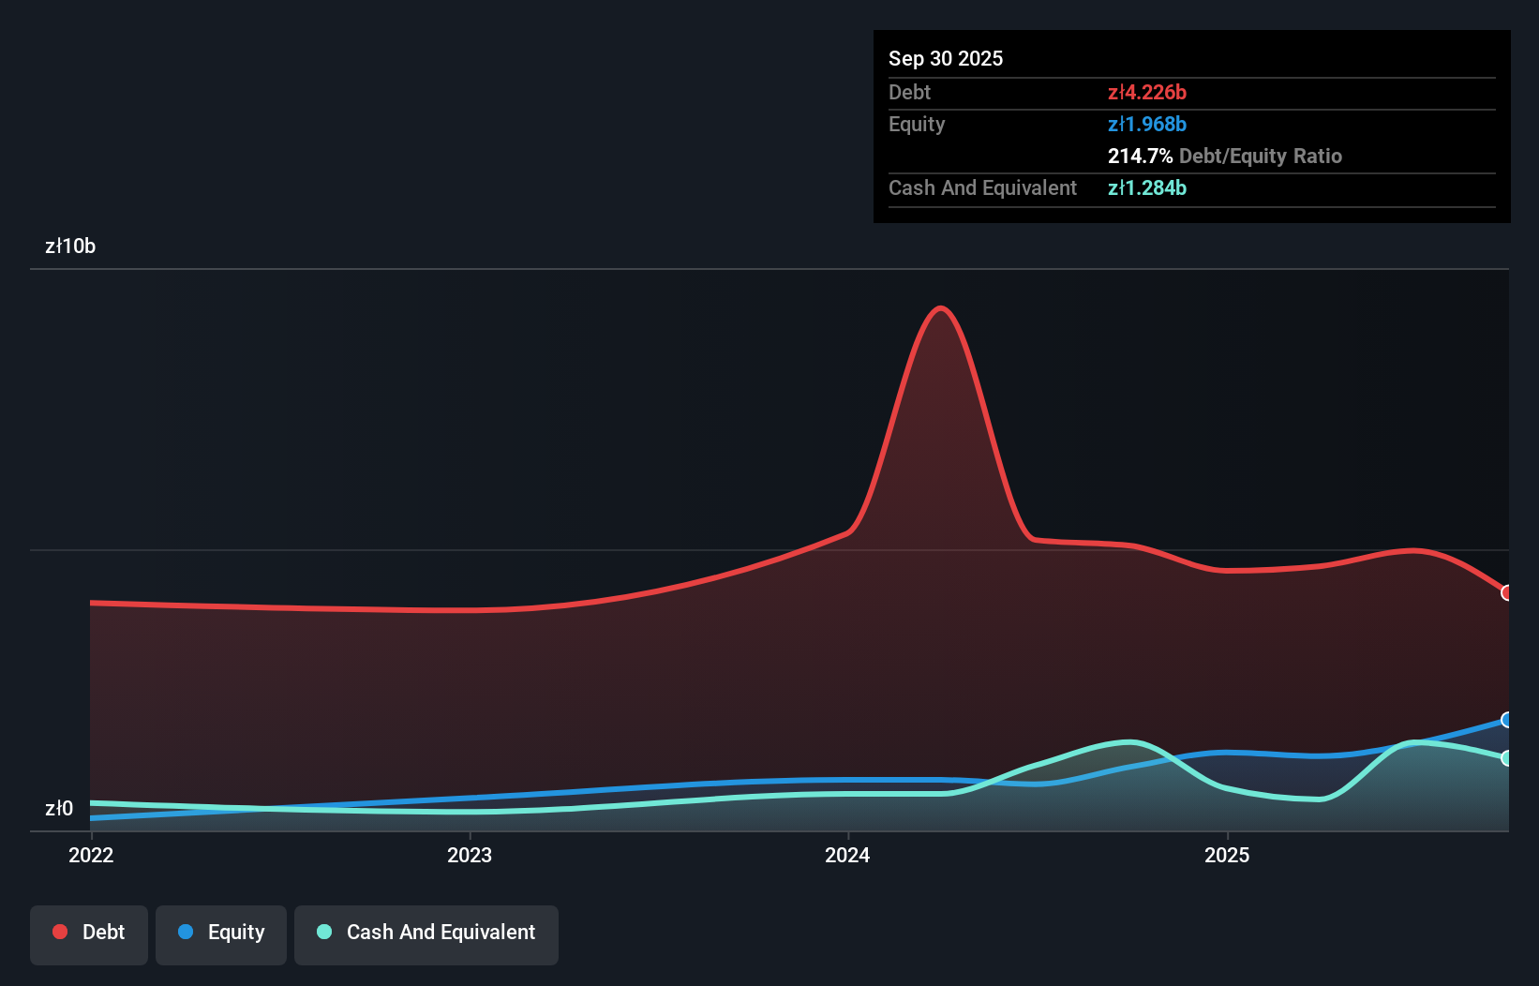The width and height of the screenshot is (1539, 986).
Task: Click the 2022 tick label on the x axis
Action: coord(91,855)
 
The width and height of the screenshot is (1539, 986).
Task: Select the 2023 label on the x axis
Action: coord(470,855)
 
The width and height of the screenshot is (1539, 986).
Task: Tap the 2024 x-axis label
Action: coord(847,855)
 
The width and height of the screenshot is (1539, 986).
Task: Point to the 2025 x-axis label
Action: coord(1227,855)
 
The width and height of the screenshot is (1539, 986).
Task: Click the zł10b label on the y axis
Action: coord(70,246)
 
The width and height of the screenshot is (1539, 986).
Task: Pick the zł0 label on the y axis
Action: coord(59,808)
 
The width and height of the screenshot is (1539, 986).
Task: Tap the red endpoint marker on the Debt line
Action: coord(1507,592)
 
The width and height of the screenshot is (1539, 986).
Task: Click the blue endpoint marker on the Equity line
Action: coord(1507,720)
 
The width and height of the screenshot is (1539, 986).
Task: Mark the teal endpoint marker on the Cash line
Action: coord(1507,758)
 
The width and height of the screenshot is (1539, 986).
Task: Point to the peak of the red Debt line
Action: coord(940,308)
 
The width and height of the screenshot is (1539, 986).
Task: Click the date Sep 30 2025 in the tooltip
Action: coord(946,58)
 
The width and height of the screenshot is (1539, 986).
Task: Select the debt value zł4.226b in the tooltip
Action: coord(1147,92)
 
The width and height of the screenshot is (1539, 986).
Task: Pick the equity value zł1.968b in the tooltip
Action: coord(1147,124)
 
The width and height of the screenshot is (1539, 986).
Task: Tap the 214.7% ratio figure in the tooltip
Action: coord(1140,156)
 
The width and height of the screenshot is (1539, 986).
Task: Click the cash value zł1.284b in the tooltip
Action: coord(1147,187)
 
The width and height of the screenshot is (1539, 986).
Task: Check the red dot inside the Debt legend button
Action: coord(60,932)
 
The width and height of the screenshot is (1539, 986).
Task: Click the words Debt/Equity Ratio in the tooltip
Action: coord(1261,156)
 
